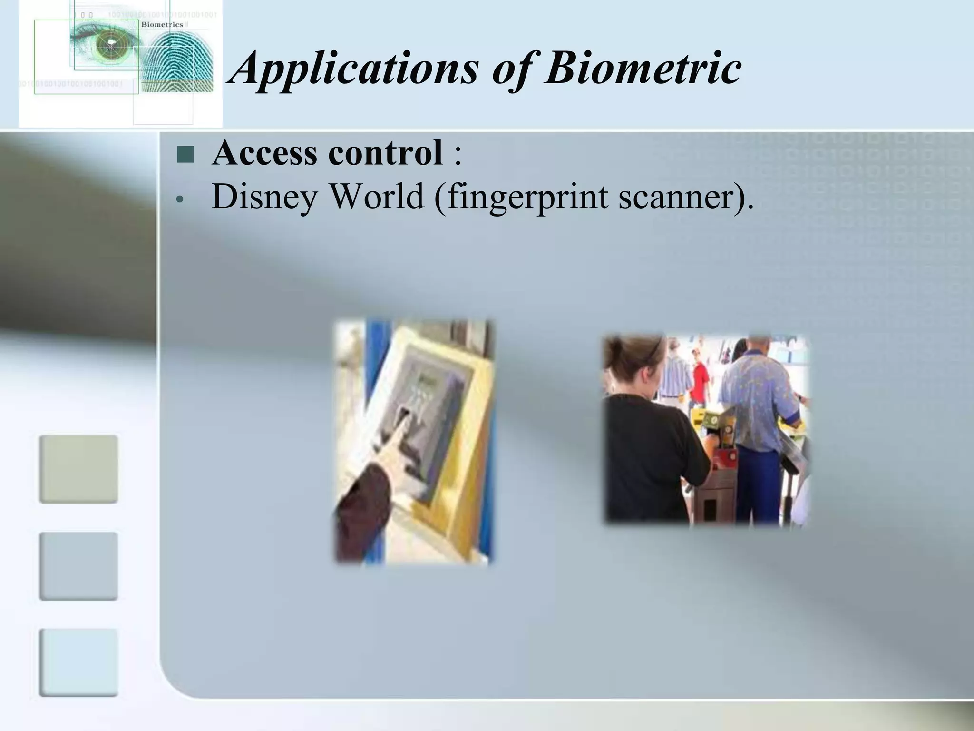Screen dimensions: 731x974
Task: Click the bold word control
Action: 385,153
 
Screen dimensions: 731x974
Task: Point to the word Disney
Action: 264,197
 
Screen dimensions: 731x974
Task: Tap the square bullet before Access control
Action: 185,154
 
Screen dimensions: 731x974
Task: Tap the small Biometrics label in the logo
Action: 162,24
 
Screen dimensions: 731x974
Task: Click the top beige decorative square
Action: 78,469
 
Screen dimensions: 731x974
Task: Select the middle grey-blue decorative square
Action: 78,566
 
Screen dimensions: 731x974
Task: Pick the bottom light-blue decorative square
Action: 78,662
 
